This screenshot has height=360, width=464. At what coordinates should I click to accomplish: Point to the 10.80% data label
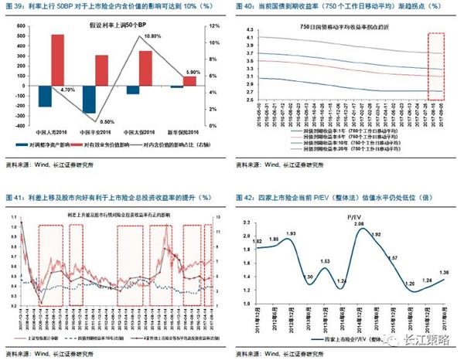(153, 36)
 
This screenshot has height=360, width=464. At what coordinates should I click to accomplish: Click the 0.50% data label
(107, 121)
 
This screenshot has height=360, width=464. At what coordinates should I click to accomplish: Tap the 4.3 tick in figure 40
(250, 29)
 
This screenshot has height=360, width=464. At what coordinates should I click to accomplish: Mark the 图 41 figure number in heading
(14, 199)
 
